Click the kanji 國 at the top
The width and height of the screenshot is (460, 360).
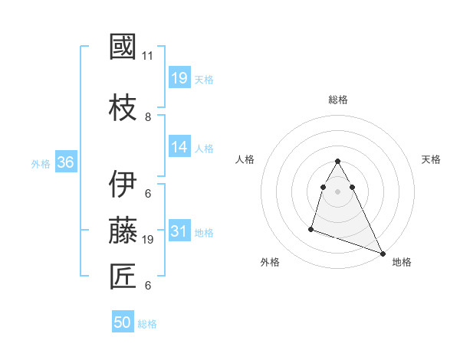[x=123, y=47]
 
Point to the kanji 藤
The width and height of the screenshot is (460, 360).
[x=123, y=231]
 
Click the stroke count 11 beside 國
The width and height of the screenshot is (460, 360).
[x=147, y=56]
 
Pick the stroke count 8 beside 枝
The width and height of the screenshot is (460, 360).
[x=147, y=117]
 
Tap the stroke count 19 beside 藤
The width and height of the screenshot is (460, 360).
[x=148, y=240]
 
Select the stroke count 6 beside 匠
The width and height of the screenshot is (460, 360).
[x=147, y=286]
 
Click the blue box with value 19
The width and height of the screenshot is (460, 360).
[x=179, y=78]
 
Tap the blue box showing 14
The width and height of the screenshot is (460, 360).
[x=179, y=147]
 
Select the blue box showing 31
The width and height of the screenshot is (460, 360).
[x=179, y=231]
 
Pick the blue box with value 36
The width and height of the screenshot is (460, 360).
[x=65, y=162]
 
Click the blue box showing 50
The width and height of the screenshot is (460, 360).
[x=123, y=322]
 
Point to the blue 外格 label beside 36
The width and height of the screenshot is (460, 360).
[x=40, y=163]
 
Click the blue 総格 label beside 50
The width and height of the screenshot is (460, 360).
[x=147, y=324]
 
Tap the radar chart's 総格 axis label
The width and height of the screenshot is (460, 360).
[x=337, y=100]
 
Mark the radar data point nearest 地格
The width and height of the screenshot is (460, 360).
[x=383, y=253]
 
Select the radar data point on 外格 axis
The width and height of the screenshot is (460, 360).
[x=311, y=228]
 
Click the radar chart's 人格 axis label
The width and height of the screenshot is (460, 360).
[x=245, y=159]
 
